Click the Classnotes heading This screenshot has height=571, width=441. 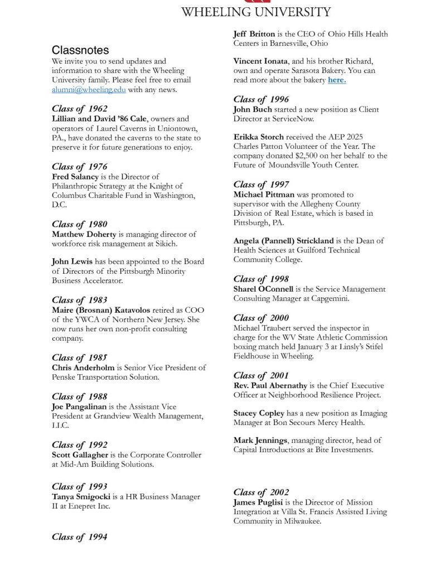[80, 50]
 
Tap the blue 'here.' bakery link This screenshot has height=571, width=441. [337, 80]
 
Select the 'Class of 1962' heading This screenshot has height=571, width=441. [80, 109]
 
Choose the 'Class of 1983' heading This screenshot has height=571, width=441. [80, 300]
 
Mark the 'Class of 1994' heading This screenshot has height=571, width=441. [80, 537]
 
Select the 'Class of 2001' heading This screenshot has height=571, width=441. [261, 375]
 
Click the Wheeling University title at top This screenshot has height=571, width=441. [256, 12]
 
